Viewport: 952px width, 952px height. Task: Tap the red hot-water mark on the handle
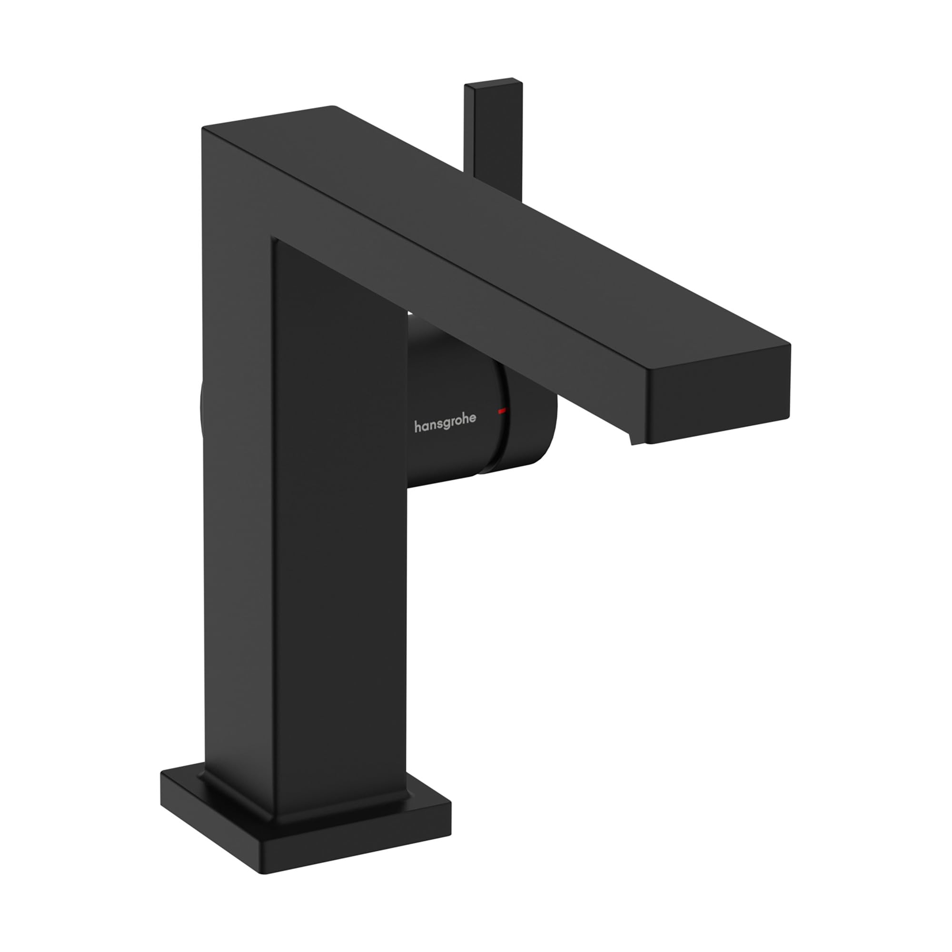502,410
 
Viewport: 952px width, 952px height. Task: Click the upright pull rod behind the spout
493,143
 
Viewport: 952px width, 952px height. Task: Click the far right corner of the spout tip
789,345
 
